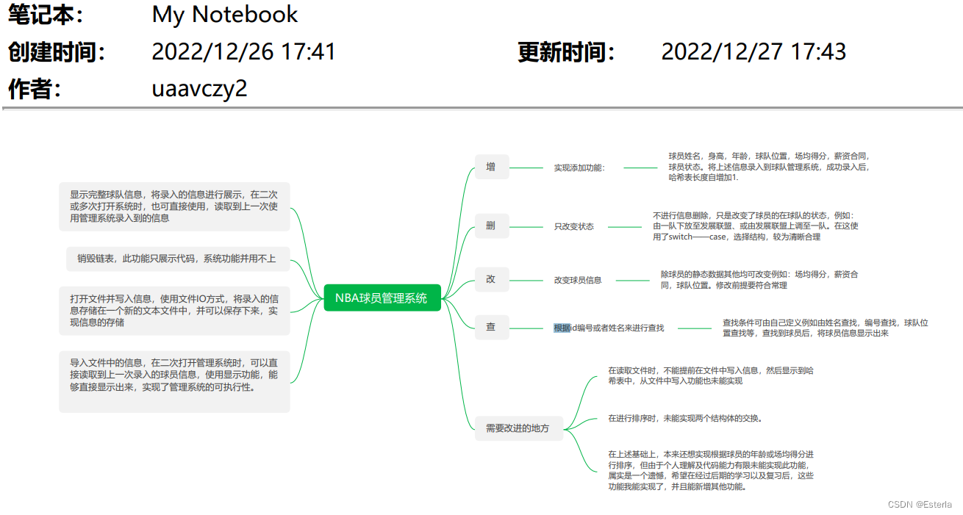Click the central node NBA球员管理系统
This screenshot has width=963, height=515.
(382, 298)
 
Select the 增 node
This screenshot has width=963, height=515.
(491, 168)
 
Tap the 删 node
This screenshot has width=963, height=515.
(491, 226)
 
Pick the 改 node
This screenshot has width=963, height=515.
(491, 279)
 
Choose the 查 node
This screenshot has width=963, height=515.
(491, 327)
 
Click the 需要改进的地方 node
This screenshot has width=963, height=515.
(518, 428)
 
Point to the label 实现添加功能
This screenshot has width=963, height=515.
(579, 168)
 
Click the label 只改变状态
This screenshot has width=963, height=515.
(573, 226)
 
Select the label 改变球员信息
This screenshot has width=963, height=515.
(578, 280)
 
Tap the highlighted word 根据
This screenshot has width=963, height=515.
(562, 328)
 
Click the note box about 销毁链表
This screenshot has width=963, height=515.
(175, 259)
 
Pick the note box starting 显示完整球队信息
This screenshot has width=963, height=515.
(175, 206)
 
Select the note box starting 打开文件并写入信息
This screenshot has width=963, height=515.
(175, 310)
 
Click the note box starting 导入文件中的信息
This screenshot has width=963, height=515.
(175, 381)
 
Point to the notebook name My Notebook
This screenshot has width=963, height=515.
(224, 15)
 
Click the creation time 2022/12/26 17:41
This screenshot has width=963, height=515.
(243, 52)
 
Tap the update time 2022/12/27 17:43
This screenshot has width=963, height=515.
(753, 52)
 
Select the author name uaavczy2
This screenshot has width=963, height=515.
(199, 89)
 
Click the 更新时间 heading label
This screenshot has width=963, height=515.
(566, 52)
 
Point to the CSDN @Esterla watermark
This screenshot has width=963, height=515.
(919, 505)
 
